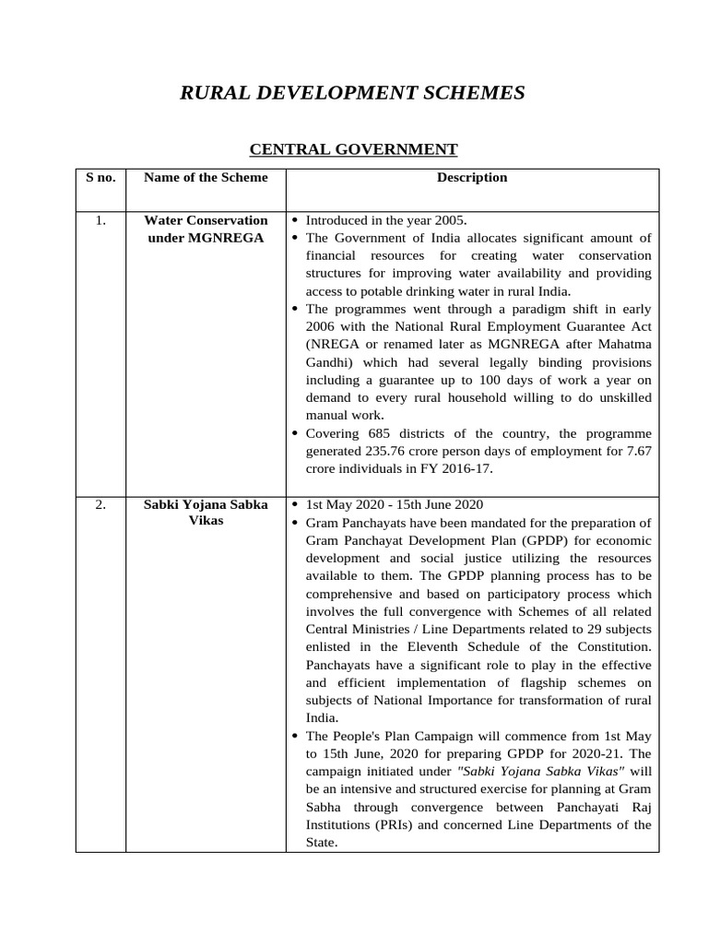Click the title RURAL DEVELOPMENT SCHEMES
[x=352, y=92]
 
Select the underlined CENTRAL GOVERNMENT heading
[x=354, y=148]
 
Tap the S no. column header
[x=100, y=177]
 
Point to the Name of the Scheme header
[x=206, y=177]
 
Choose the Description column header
[x=472, y=177]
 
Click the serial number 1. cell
[x=100, y=220]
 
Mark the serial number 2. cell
[x=100, y=504]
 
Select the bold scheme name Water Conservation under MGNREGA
[x=206, y=229]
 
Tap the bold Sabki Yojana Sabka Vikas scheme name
[x=206, y=513]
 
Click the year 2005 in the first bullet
[x=451, y=220]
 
